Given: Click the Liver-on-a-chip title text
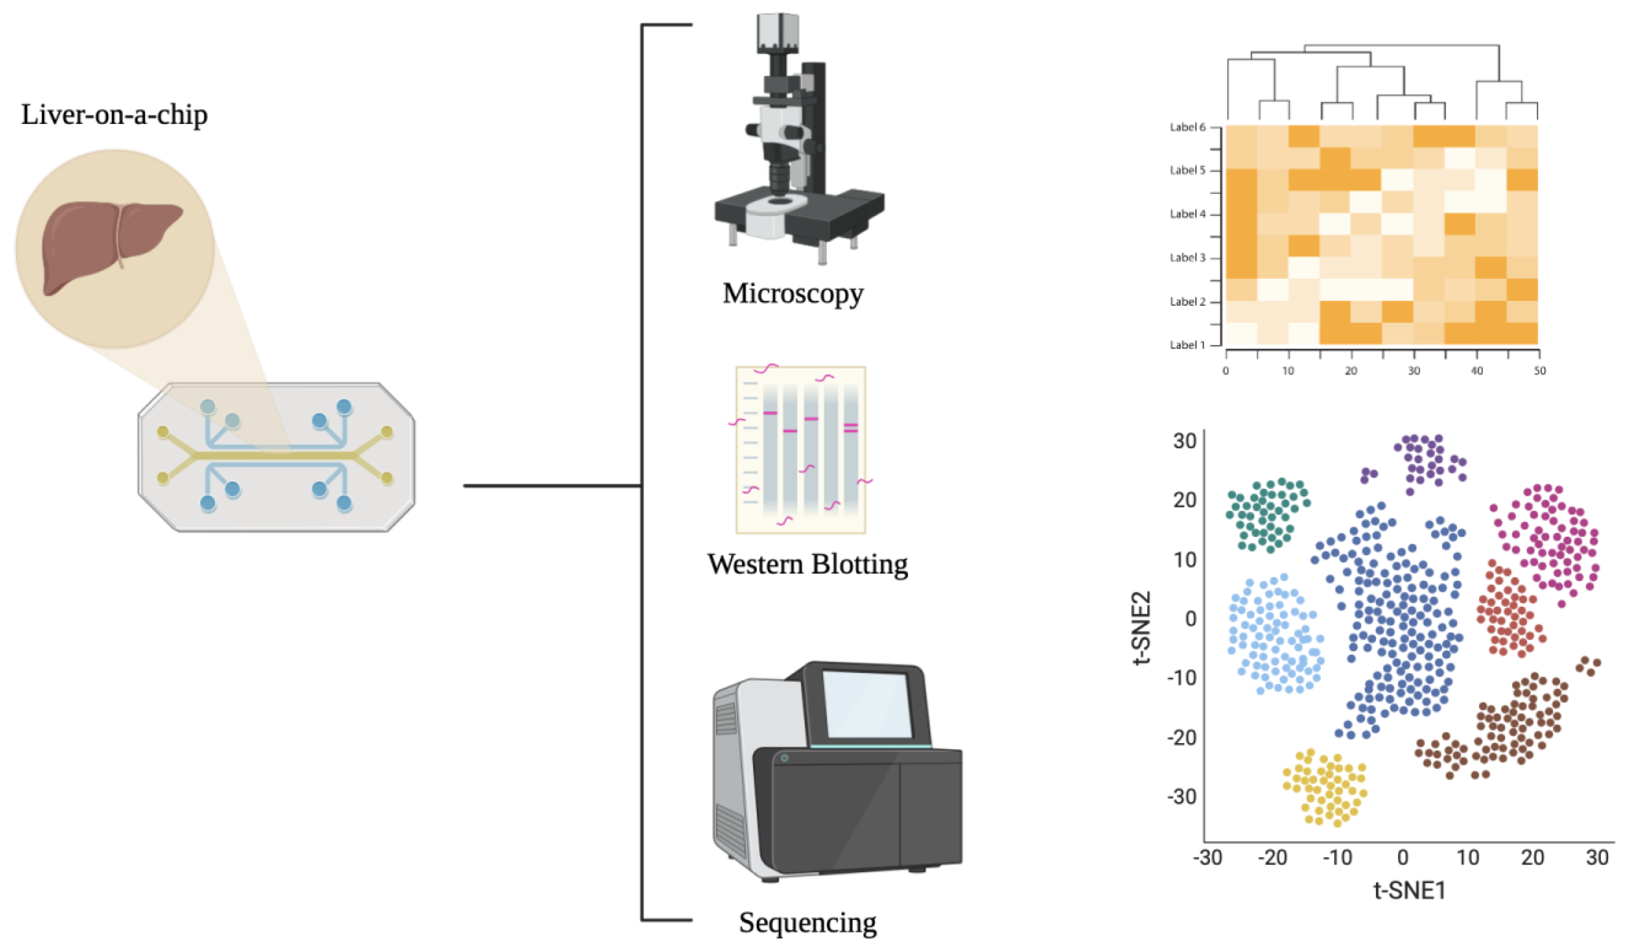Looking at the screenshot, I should pyautogui.click(x=115, y=115).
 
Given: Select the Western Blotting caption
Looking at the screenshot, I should pyautogui.click(x=807, y=565).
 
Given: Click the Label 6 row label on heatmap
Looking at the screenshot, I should pyautogui.click(x=1188, y=128).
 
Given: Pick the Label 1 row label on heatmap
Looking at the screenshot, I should pyautogui.click(x=1188, y=345).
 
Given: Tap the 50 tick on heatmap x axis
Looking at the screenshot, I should pyautogui.click(x=1539, y=371).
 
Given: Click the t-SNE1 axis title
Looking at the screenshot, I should pyautogui.click(x=1409, y=891).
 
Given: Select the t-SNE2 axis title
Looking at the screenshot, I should pyautogui.click(x=1142, y=627).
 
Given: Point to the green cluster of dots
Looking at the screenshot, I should pyautogui.click(x=1266, y=515).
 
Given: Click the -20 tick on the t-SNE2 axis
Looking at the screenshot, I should pyautogui.click(x=1181, y=737).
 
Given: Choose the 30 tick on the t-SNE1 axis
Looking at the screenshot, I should pyautogui.click(x=1597, y=858).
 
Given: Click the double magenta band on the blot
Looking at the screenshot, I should pyautogui.click(x=851, y=428).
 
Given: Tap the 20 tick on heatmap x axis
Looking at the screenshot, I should pyautogui.click(x=1351, y=371).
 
